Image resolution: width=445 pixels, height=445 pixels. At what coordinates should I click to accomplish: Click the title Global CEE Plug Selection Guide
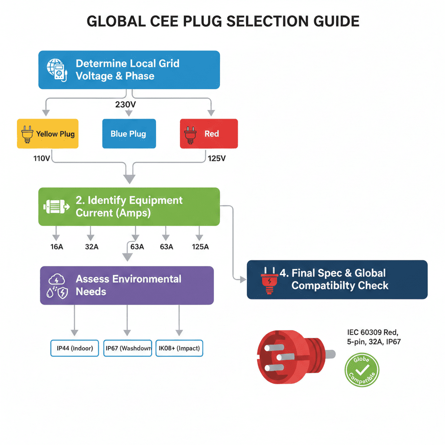[x=223, y=21]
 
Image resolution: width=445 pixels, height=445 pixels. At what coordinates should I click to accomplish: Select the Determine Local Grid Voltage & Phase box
[x=129, y=70]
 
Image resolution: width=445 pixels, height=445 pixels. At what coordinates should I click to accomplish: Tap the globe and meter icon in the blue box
[x=57, y=70]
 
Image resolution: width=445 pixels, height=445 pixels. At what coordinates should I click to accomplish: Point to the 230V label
[x=126, y=104]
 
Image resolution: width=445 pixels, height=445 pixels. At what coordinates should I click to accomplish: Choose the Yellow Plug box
[x=48, y=134]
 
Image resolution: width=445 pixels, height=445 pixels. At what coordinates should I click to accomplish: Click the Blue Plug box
[x=128, y=134]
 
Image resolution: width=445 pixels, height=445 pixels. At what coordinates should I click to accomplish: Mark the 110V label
[x=42, y=159]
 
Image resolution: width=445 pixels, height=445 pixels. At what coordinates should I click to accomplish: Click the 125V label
[x=217, y=159]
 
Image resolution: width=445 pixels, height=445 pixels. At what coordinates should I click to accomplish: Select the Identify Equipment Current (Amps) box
[x=129, y=206]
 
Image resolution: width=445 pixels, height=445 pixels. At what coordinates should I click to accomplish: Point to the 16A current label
[x=56, y=247]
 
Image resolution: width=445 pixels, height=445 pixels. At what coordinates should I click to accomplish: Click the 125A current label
[x=200, y=247]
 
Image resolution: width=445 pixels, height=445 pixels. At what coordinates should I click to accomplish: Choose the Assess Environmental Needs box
[x=127, y=285]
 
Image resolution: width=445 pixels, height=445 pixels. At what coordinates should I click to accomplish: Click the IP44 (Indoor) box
[x=75, y=348]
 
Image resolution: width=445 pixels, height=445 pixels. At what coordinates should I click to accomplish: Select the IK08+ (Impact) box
[x=179, y=348]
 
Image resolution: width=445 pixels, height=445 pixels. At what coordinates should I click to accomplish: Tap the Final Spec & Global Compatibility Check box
[x=337, y=279]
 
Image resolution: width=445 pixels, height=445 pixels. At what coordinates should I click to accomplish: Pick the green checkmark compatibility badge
[x=362, y=370]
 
